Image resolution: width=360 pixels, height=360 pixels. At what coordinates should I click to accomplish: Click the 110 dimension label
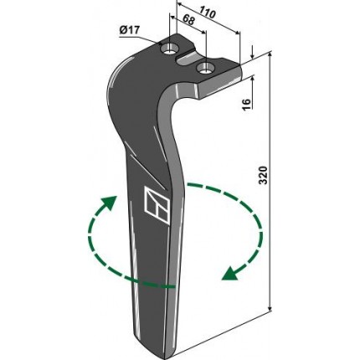click(x=208, y=13)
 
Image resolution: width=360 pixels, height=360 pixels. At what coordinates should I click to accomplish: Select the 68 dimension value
click(x=188, y=20)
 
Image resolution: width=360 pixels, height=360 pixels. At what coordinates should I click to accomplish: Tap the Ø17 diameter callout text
click(x=129, y=30)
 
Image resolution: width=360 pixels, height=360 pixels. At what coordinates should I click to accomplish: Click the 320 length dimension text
click(x=263, y=175)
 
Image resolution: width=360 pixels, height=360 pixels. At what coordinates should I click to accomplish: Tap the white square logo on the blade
click(x=157, y=205)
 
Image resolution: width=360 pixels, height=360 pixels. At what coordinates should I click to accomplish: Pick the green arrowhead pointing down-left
click(x=230, y=273)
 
